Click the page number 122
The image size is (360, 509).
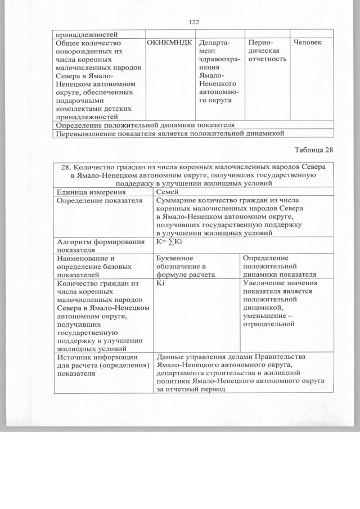[x=195, y=22]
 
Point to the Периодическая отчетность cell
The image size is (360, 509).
[x=267, y=51]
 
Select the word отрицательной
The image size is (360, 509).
[x=269, y=324]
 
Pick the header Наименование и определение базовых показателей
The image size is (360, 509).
[x=94, y=265]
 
